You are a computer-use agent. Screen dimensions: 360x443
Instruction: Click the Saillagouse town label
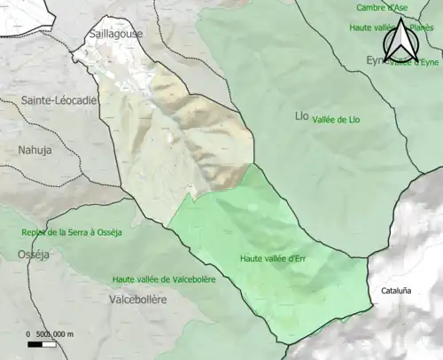[116, 34]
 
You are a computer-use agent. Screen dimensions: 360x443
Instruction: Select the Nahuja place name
[35, 150]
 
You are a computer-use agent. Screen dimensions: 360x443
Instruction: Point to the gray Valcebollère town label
[136, 300]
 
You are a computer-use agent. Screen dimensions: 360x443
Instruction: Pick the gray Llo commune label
[301, 116]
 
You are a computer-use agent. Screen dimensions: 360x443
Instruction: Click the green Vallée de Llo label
[341, 120]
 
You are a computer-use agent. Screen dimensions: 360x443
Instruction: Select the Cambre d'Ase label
[382, 8]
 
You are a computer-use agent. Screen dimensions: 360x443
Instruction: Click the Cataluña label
[396, 290]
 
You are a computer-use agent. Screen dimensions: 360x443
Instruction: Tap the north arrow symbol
[396, 40]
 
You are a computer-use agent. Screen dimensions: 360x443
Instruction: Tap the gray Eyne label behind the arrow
[376, 60]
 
